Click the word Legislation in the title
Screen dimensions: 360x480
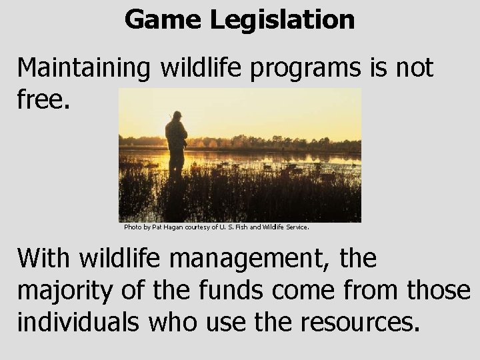coord(283,21)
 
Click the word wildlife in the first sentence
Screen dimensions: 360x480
coord(199,68)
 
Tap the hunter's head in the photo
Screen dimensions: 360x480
coord(176,117)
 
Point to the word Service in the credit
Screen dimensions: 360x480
coord(297,227)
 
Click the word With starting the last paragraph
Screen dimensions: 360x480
coord(42,258)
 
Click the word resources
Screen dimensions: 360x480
coord(361,323)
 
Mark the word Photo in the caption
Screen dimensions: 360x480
coord(132,227)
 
